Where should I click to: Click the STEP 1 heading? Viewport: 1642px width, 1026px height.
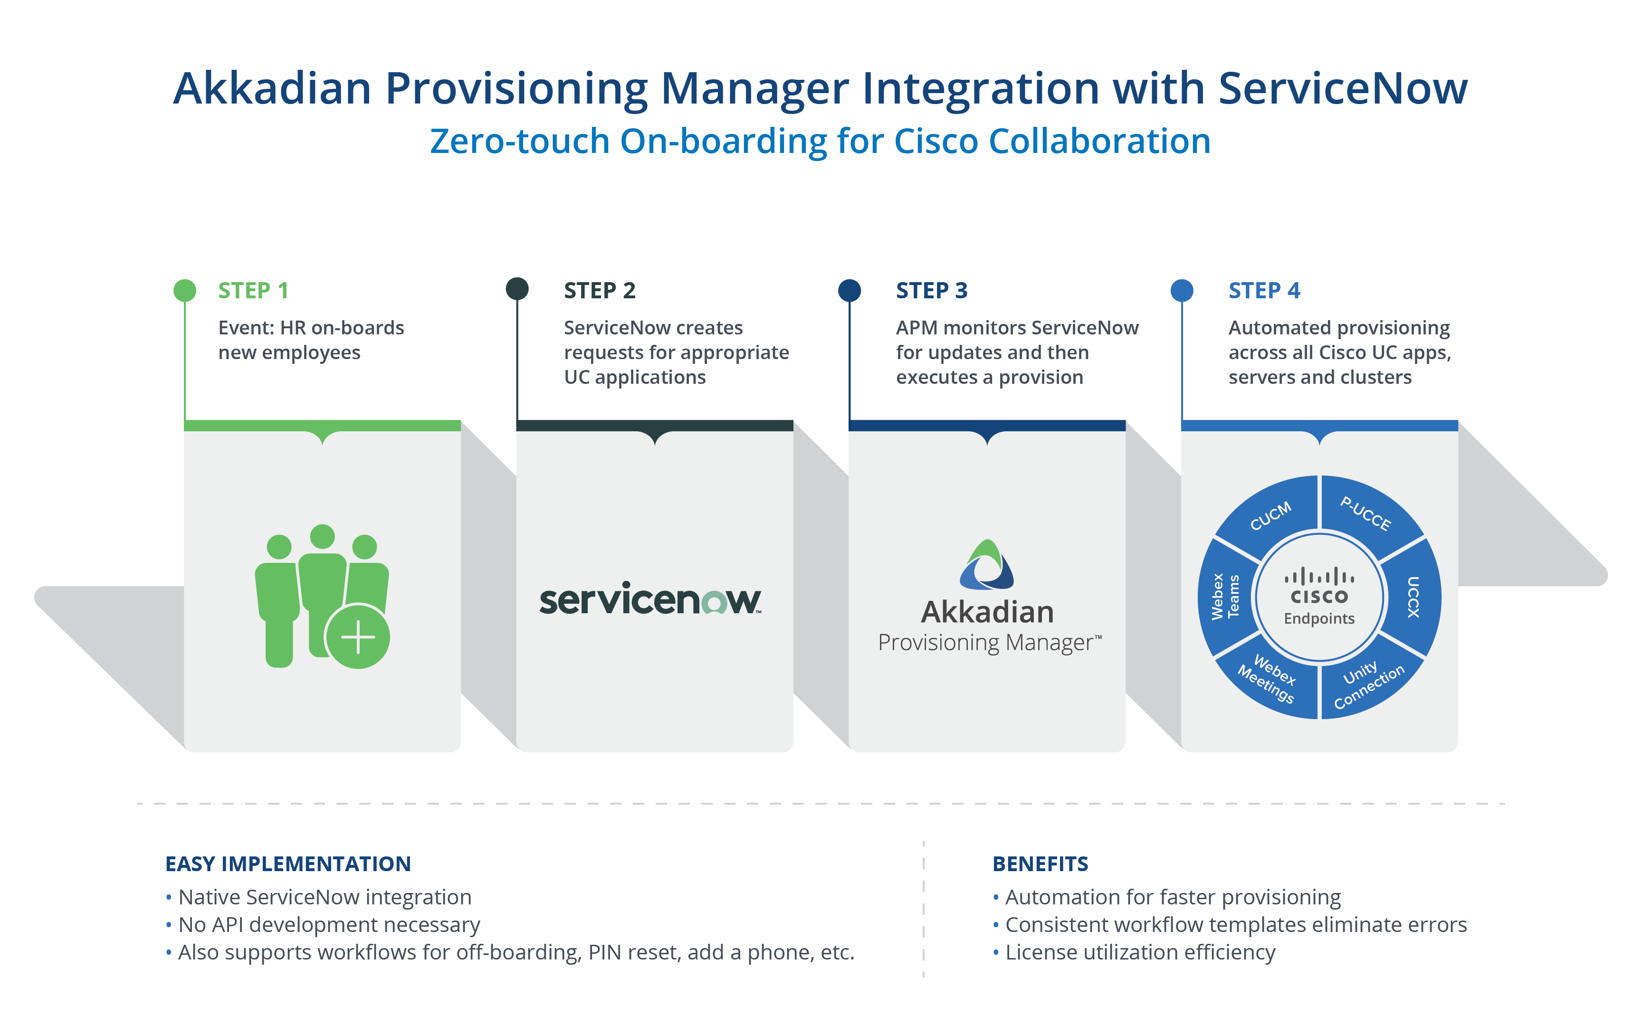(x=253, y=290)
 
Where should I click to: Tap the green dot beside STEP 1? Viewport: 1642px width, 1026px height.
(x=184, y=290)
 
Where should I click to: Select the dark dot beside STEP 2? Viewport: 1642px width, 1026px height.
(x=517, y=288)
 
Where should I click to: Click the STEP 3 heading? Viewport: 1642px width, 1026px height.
(x=932, y=290)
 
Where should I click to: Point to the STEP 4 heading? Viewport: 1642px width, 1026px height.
(x=1264, y=290)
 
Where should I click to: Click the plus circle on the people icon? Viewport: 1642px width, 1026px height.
(x=358, y=636)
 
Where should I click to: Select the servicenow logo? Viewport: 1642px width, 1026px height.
(x=650, y=599)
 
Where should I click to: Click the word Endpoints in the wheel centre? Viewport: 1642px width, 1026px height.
(x=1319, y=619)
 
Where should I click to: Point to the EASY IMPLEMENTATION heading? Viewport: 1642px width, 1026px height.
(x=288, y=864)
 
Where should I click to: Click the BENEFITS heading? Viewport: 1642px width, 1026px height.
(x=1040, y=864)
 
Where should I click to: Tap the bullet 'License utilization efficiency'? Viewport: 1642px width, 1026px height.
(x=1140, y=953)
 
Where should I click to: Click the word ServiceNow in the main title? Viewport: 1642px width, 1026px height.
(x=1343, y=88)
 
